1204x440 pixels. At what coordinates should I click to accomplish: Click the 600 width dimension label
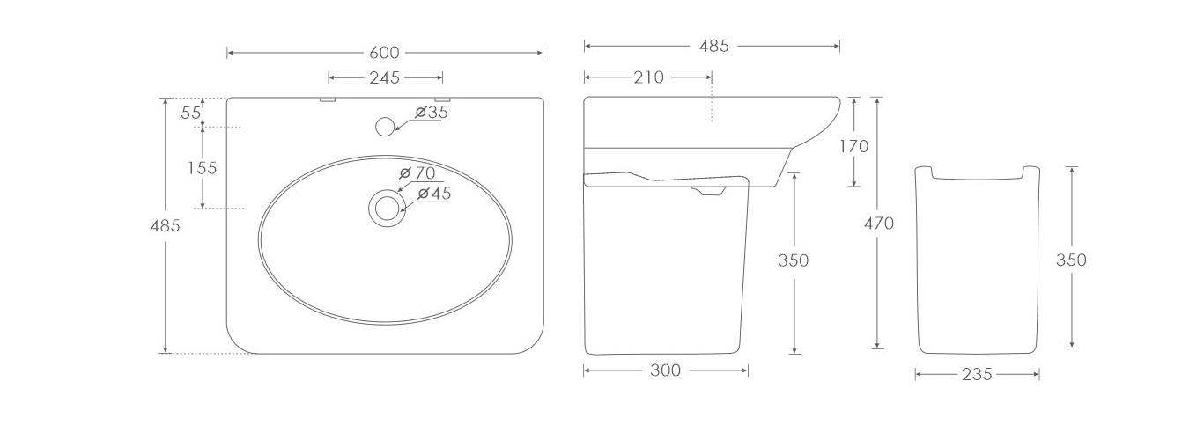pos(384,53)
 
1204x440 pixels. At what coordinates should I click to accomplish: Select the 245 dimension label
pos(384,78)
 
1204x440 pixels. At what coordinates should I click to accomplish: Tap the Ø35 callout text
pos(432,113)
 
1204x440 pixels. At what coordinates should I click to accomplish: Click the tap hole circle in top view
pos(385,127)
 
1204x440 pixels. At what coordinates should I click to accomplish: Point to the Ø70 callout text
pos(417,173)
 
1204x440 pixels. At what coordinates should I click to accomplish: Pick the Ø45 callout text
pos(434,194)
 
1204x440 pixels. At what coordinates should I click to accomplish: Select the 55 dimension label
pos(191,113)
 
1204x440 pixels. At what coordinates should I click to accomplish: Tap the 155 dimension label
pos(202,168)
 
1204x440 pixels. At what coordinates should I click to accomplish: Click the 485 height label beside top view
pos(165,225)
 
